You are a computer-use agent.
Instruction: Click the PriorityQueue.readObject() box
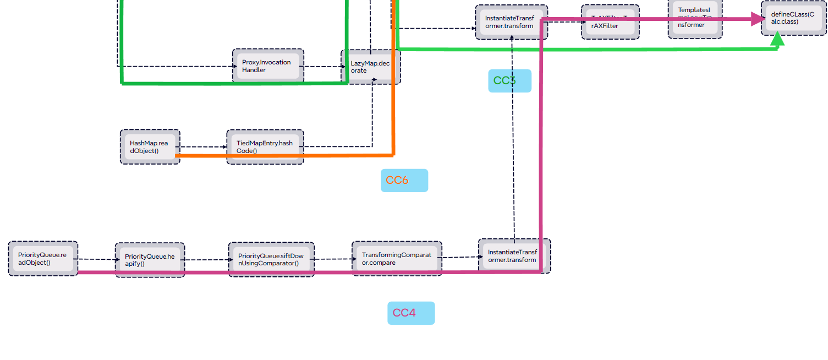(43, 258)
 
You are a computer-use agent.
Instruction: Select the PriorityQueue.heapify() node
(150, 259)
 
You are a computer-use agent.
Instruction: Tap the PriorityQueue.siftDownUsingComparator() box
(271, 259)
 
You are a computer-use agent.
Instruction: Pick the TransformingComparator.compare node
(397, 258)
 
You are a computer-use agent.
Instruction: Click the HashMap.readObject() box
(150, 146)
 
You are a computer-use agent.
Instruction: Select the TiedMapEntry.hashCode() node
(265, 146)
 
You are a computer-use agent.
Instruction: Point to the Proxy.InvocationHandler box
(268, 66)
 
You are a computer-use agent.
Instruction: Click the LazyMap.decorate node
(370, 67)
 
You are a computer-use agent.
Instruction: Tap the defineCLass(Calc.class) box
(793, 18)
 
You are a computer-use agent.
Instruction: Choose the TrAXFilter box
(610, 22)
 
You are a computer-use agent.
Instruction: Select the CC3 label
(509, 81)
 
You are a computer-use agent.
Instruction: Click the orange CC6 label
(404, 180)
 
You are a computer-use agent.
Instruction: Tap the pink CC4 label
(410, 313)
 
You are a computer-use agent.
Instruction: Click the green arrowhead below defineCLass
(777, 39)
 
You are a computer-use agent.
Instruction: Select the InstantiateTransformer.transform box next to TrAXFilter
(511, 22)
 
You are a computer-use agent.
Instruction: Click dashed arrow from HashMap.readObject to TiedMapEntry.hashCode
(203, 147)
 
